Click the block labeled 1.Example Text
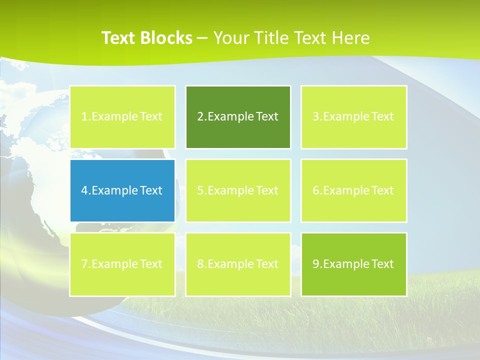click(x=122, y=117)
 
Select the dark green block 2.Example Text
click(x=238, y=117)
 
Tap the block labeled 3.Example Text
click(x=353, y=117)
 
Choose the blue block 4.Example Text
click(x=122, y=190)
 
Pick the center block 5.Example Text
click(x=238, y=190)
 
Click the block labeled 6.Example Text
click(x=353, y=190)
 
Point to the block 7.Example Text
click(x=122, y=264)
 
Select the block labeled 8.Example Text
click(x=238, y=264)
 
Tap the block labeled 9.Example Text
click(x=353, y=264)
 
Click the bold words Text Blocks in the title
click(x=146, y=38)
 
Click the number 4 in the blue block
click(x=84, y=190)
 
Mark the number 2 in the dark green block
click(x=200, y=117)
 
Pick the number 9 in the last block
click(x=315, y=264)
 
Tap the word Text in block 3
click(x=382, y=117)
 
